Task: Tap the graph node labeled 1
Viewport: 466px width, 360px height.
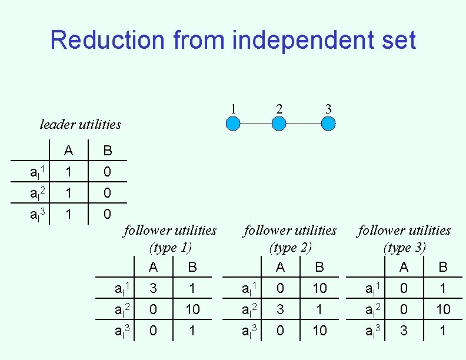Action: [234, 124]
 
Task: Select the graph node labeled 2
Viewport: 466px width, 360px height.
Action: [279, 124]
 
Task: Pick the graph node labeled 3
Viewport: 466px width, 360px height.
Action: [329, 124]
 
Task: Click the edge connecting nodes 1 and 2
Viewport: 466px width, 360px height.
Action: [256, 124]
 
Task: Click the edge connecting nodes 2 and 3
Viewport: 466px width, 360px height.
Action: [304, 124]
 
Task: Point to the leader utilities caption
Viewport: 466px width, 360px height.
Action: [80, 124]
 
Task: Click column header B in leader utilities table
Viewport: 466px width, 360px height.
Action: [107, 151]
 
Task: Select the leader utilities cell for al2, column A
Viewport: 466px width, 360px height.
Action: [69, 193]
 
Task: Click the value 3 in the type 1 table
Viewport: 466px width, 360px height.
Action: [153, 288]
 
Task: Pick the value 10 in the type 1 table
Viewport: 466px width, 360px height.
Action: [192, 309]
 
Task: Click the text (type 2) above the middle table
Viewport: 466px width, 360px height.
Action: [290, 248]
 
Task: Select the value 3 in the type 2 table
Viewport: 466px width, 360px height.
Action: [280, 309]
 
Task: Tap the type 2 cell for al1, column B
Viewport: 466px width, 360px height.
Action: [319, 288]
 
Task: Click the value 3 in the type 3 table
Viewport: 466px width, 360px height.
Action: [404, 331]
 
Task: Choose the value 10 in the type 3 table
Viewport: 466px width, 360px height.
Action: [443, 309]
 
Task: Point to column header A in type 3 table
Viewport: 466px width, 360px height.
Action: [404, 267]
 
